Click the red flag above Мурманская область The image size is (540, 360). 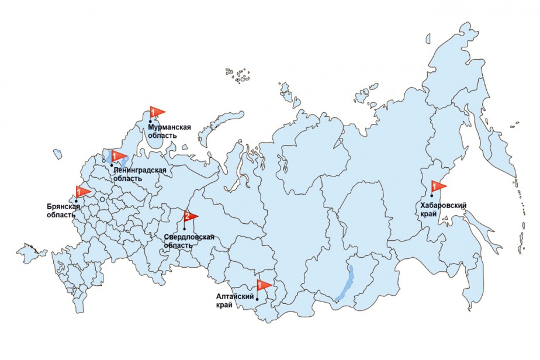click(156, 111)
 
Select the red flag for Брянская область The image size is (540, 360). click(82, 191)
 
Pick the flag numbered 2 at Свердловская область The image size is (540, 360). click(190, 216)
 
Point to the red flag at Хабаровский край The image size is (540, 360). click(437, 186)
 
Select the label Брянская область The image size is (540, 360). click(63, 210)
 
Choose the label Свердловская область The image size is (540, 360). click(189, 241)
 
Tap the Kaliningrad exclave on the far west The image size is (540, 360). click(57, 154)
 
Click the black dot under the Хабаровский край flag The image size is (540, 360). click(431, 195)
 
